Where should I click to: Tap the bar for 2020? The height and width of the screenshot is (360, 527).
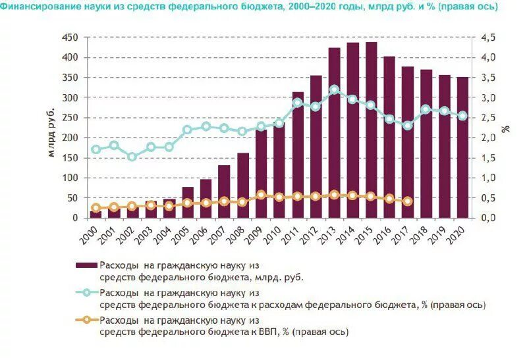coord(462,147)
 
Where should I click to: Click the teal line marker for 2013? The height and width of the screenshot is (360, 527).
coord(334,90)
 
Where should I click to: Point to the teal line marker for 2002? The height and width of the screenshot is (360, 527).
coord(132,157)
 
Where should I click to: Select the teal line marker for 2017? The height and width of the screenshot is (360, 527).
coord(408,125)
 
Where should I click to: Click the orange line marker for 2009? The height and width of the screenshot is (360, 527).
coord(261,195)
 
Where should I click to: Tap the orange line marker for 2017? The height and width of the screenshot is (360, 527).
coord(408,201)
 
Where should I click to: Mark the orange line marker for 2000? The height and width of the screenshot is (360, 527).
coord(96,208)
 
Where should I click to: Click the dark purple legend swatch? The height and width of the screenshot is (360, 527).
coord(86,265)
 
